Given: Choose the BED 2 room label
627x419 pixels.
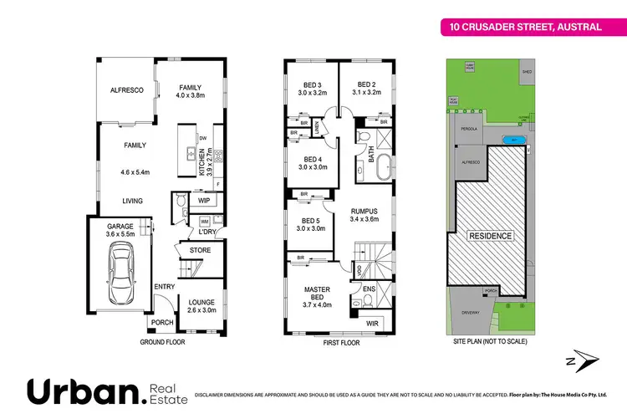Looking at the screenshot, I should click(369, 84).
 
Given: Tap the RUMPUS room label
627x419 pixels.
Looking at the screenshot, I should click(365, 211).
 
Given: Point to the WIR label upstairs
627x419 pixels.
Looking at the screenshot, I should click(372, 322).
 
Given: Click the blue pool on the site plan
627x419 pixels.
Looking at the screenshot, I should click(515, 140).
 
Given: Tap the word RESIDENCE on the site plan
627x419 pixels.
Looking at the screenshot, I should click(490, 236).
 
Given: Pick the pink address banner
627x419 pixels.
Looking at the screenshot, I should click(522, 27).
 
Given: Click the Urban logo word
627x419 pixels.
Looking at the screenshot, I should click(84, 391).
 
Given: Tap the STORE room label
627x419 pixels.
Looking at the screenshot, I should click(201, 250).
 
